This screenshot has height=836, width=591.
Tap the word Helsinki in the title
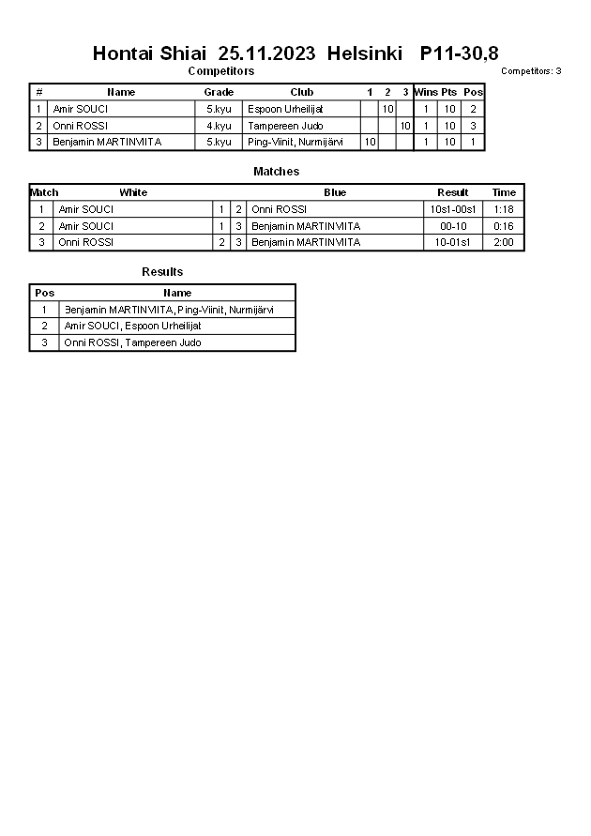point(365,53)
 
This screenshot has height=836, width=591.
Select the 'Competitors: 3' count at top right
point(531,71)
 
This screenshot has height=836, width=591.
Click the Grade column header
point(219,92)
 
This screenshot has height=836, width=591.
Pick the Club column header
point(301,92)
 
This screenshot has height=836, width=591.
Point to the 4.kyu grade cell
point(219,126)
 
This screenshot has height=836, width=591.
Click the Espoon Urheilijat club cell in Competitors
point(285,109)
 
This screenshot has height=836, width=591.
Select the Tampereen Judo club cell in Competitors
point(285,126)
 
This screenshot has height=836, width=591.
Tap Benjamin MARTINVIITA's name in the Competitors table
point(107,142)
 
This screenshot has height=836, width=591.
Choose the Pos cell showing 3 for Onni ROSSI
point(473,126)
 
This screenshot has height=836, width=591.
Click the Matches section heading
point(276,172)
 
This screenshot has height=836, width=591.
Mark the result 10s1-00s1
point(453,209)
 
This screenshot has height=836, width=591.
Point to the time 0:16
point(504,226)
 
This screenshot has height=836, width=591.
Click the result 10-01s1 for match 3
point(453,242)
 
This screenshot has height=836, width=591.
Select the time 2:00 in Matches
point(504,242)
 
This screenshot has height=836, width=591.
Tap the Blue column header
point(335,192)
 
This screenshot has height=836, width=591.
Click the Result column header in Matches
point(453,192)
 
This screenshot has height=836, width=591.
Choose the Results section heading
point(162,272)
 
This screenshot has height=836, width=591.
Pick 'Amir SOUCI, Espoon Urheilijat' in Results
point(132,326)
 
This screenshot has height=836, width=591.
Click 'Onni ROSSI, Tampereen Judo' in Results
point(132,342)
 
